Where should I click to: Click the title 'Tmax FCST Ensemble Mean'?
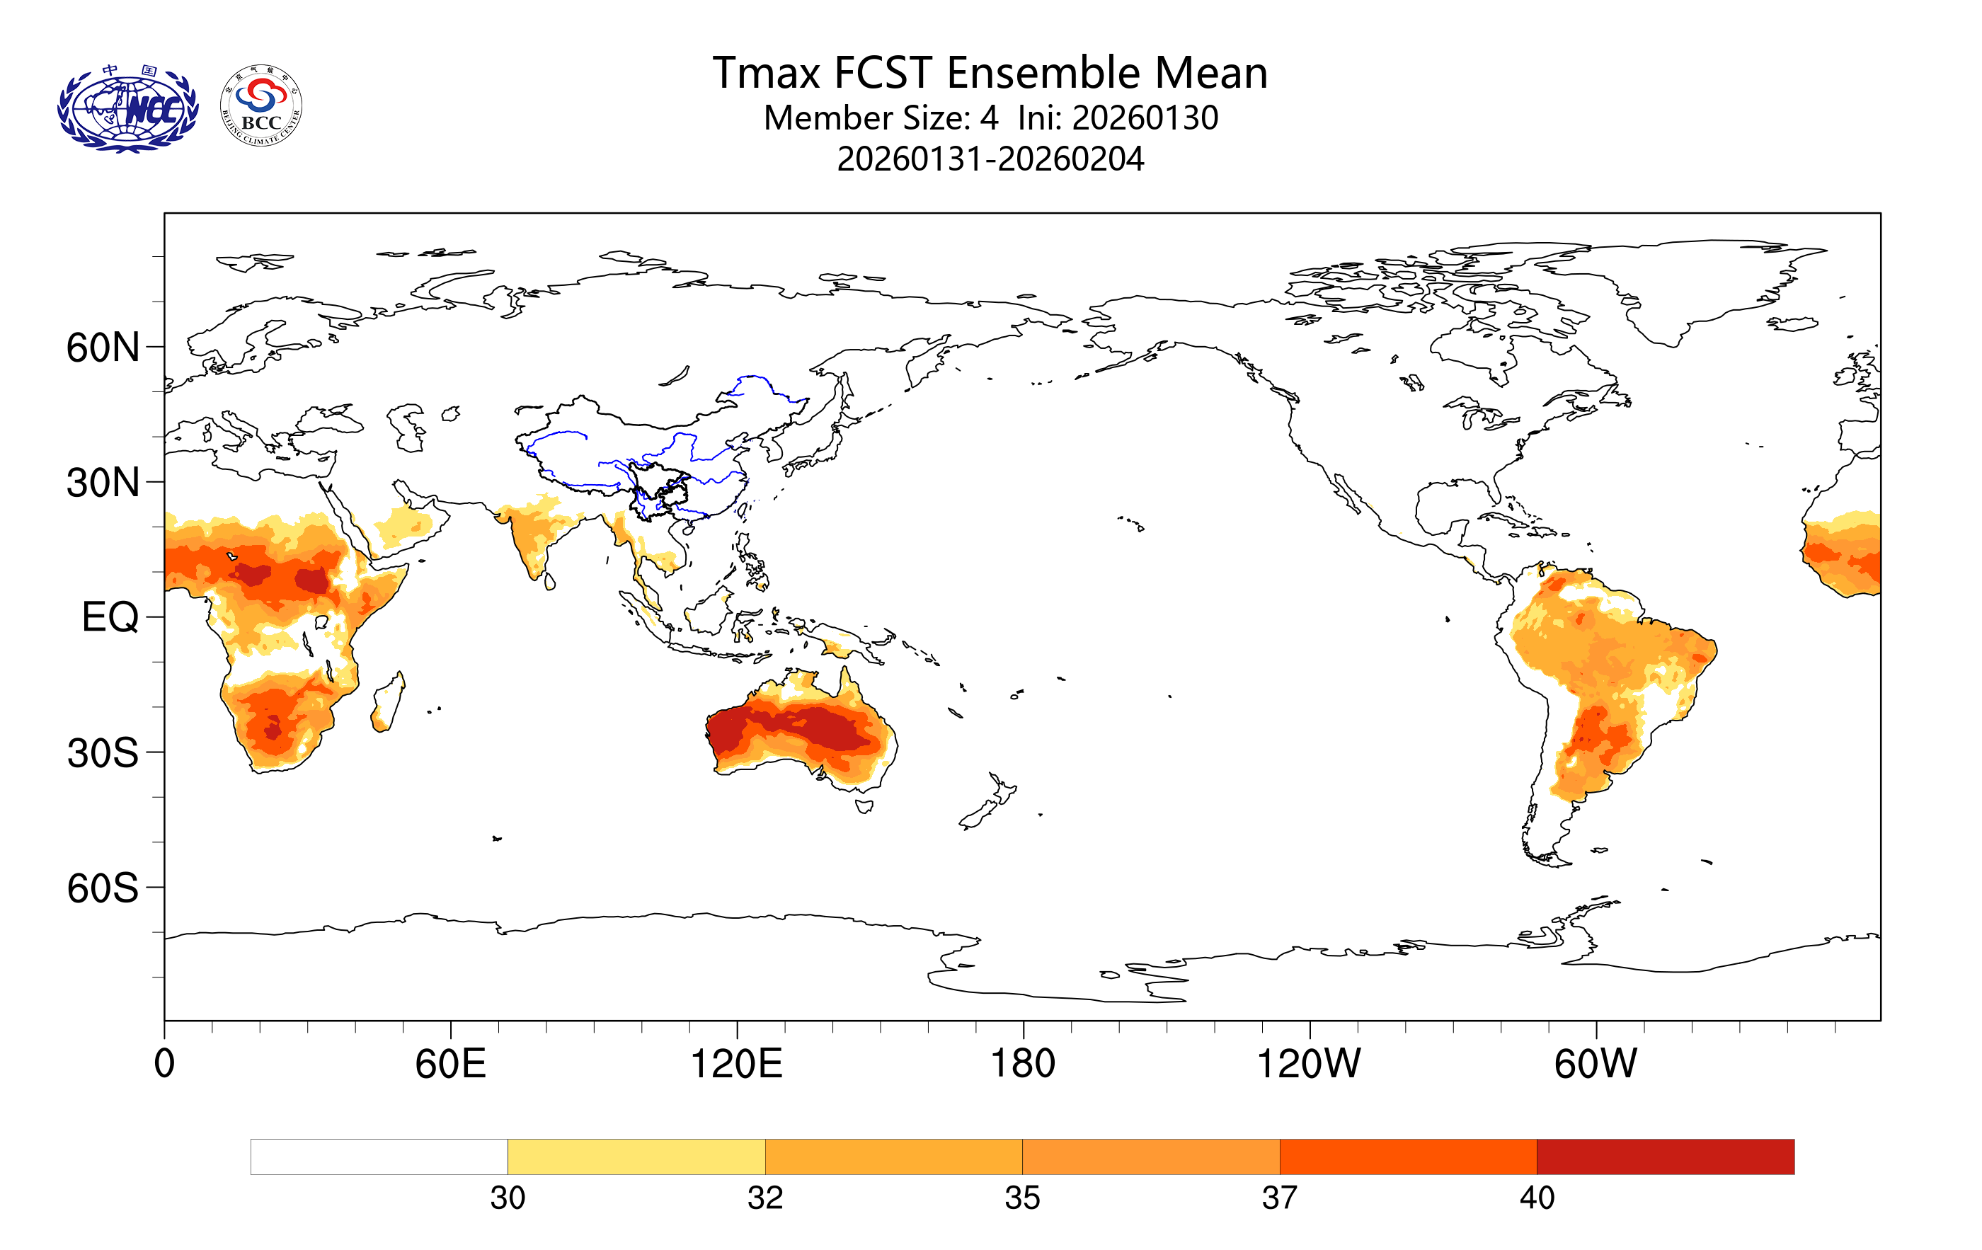click(x=990, y=72)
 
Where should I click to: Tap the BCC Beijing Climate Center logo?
click(x=261, y=106)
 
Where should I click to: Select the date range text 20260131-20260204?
click(x=990, y=159)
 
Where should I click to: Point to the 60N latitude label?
click(x=103, y=348)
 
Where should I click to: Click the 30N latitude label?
click(x=103, y=482)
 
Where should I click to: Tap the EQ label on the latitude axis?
click(x=110, y=617)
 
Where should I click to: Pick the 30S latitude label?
click(x=103, y=752)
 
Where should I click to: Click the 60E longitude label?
click(x=450, y=1063)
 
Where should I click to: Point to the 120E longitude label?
click(x=736, y=1063)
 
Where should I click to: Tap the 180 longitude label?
click(x=1022, y=1063)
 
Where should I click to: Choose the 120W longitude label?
click(x=1308, y=1063)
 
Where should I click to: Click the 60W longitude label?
click(x=1595, y=1063)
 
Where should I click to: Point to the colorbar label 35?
click(x=1022, y=1198)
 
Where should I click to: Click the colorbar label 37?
click(x=1279, y=1198)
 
